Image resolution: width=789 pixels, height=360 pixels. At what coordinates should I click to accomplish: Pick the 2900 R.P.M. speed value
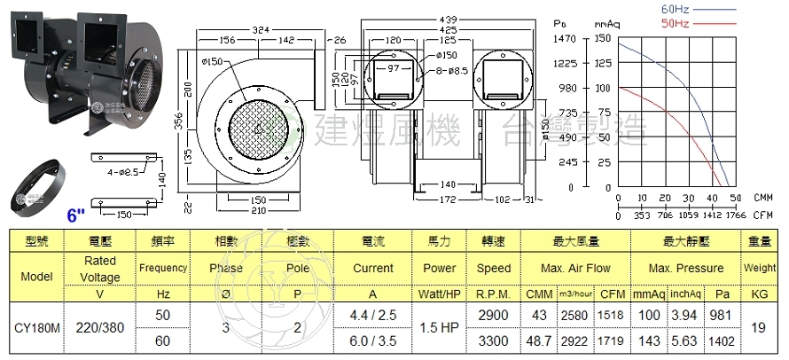[x=493, y=314]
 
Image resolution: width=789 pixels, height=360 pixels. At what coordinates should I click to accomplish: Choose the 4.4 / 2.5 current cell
[x=372, y=314]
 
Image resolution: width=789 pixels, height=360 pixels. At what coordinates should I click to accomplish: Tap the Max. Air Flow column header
[x=575, y=268]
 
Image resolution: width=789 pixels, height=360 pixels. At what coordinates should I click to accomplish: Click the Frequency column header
[x=163, y=268]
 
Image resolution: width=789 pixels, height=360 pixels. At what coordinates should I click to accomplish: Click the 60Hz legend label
[x=676, y=8]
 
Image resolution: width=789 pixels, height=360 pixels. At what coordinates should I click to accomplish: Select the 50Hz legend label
[x=676, y=21]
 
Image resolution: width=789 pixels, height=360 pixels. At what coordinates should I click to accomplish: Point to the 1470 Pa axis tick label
[x=565, y=39]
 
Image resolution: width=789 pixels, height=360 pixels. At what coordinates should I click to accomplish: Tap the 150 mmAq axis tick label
[x=602, y=39]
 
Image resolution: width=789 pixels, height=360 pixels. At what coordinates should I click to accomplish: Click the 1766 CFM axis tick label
[x=737, y=215]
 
